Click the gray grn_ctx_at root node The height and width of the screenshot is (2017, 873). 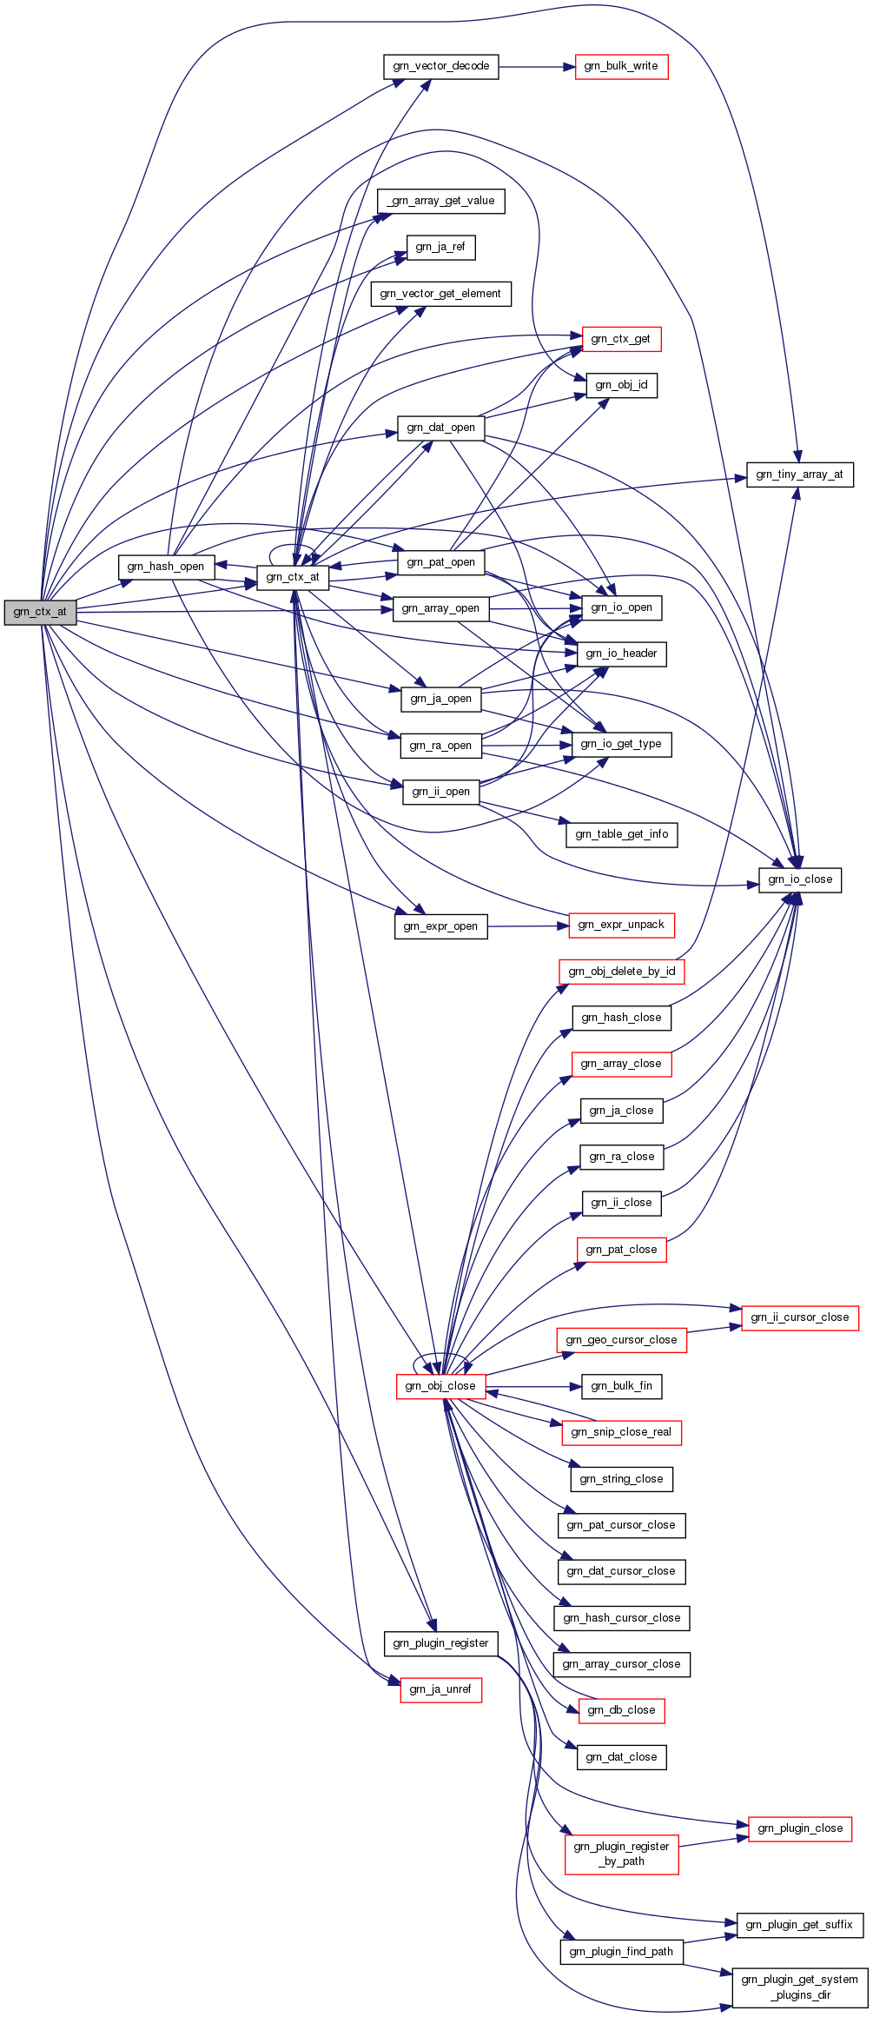tap(40, 612)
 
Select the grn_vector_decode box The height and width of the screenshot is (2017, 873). tap(441, 66)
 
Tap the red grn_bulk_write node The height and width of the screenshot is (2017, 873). tap(621, 66)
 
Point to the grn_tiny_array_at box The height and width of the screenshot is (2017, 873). tap(800, 474)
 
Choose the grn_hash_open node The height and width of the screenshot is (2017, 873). tap(166, 567)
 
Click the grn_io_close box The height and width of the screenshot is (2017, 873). tap(800, 879)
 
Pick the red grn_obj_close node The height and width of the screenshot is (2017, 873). tap(440, 1386)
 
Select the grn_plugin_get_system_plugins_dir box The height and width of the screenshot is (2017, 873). tap(800, 1987)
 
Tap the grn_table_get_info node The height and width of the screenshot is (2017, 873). tap(622, 834)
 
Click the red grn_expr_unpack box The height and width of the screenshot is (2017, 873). tap(621, 925)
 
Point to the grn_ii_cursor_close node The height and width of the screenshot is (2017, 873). tap(800, 1317)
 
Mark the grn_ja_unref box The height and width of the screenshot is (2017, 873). tap(440, 1689)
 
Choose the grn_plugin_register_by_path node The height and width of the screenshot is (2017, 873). tap(621, 1854)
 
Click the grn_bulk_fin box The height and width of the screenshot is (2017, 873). tap(622, 1386)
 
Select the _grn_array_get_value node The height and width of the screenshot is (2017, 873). tap(441, 201)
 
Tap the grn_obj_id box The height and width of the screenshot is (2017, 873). tap(622, 385)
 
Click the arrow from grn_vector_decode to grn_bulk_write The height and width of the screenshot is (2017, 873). tap(537, 66)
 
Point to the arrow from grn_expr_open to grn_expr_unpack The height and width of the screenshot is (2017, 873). tap(527, 926)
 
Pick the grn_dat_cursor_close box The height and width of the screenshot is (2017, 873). tap(621, 1571)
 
